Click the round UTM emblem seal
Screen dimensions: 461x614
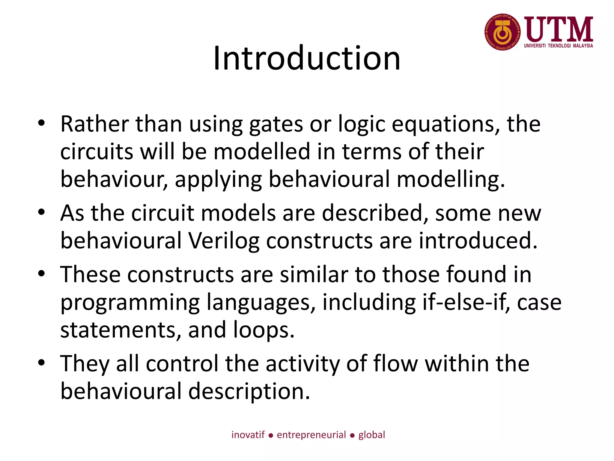502,32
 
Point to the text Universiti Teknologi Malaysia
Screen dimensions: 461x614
559,46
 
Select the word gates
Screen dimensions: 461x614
276,125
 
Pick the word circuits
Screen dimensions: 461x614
97,152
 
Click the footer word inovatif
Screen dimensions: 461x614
248,435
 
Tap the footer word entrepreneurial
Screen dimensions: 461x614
311,435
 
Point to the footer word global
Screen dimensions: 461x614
371,435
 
